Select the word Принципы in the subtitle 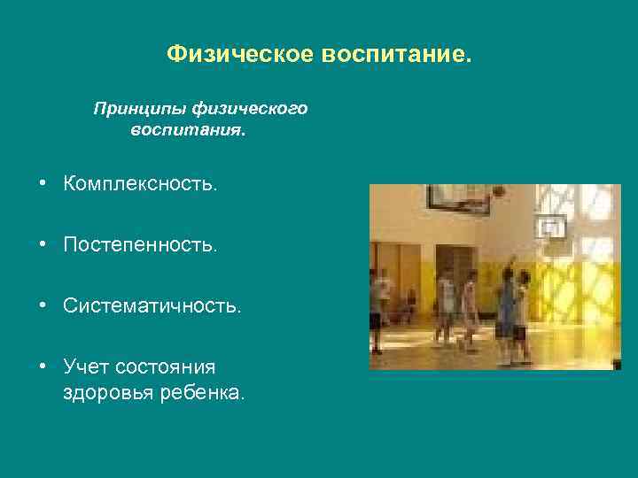pyautogui.click(x=132, y=109)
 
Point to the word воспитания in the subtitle pyautogui.click(x=188, y=130)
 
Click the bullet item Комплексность pyautogui.click(x=139, y=184)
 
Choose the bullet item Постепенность pyautogui.click(x=139, y=245)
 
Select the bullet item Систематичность pyautogui.click(x=152, y=306)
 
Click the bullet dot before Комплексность pyautogui.click(x=43, y=184)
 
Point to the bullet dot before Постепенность pyautogui.click(x=43, y=245)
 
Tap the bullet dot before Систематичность pyautogui.click(x=43, y=306)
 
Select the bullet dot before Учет pyautogui.click(x=43, y=366)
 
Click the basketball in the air pyautogui.click(x=499, y=190)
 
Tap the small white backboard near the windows pyautogui.click(x=552, y=227)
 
